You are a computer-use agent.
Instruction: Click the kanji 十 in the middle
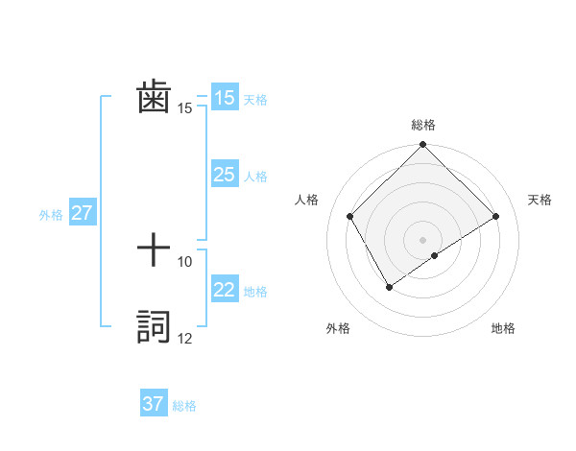pos(154,251)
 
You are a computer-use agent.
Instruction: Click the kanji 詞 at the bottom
pos(154,326)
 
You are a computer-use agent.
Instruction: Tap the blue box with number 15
pos(225,98)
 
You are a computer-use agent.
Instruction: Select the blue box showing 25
pos(225,175)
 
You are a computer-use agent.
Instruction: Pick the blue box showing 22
pos(225,291)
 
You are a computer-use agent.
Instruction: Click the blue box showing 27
pos(82,213)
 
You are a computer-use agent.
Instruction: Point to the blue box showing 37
pos(154,404)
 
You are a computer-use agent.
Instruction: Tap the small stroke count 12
pos(185,339)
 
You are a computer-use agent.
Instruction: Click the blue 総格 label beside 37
pos(184,406)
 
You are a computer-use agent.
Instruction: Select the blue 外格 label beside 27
pos(51,215)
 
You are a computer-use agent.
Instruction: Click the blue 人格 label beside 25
pos(255,177)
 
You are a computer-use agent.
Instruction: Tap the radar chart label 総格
pos(422,125)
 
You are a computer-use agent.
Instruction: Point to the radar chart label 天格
pos(540,200)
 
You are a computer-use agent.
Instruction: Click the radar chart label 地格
pos(503,328)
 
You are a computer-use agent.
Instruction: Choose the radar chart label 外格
pos(338,328)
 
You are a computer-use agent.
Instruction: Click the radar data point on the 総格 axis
pos(422,146)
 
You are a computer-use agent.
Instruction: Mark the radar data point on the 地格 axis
pos(435,255)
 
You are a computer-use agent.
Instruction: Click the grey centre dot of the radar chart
pos(422,239)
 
